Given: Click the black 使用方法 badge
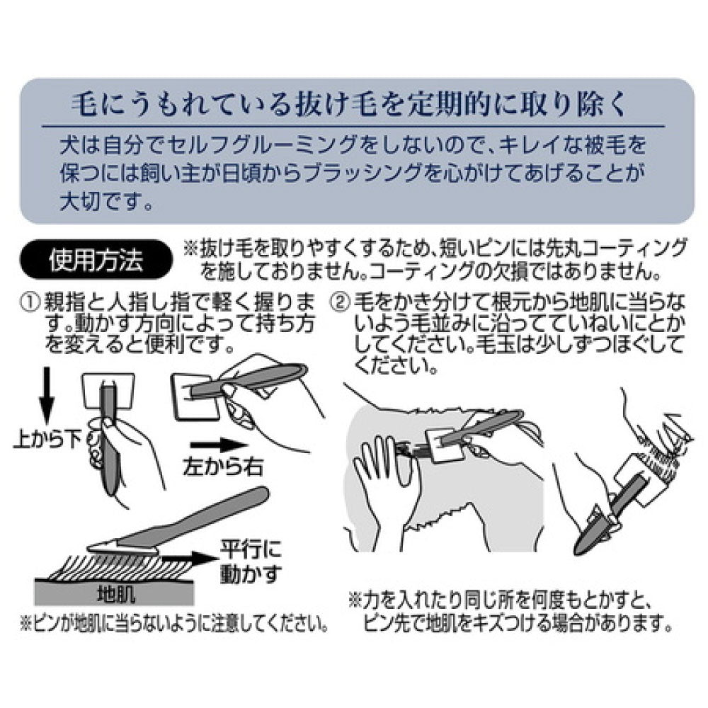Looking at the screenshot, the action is [x=96, y=261].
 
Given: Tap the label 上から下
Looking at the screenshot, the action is [x=48, y=439].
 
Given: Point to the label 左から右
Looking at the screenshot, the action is [x=223, y=467].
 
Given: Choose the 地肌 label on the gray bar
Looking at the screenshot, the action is [x=116, y=595].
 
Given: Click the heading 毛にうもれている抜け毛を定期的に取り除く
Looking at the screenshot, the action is [x=349, y=105].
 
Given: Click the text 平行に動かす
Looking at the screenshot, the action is [x=250, y=561].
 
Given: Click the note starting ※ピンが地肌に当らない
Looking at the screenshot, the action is [x=174, y=624].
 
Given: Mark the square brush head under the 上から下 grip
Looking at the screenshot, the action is [x=108, y=391].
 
